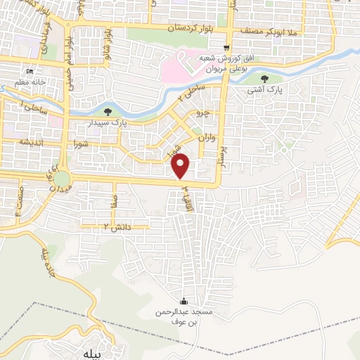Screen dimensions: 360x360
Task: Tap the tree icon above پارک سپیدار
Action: coord(108,111)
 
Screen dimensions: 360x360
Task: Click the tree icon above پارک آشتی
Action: coord(265,79)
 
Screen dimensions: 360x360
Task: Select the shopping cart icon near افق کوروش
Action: coord(226,48)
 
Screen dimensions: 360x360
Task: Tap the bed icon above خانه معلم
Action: coord(29,72)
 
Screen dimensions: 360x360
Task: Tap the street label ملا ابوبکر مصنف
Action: coord(270,32)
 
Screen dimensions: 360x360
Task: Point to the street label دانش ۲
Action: coord(98,226)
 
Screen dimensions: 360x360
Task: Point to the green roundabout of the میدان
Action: coord(62,178)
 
